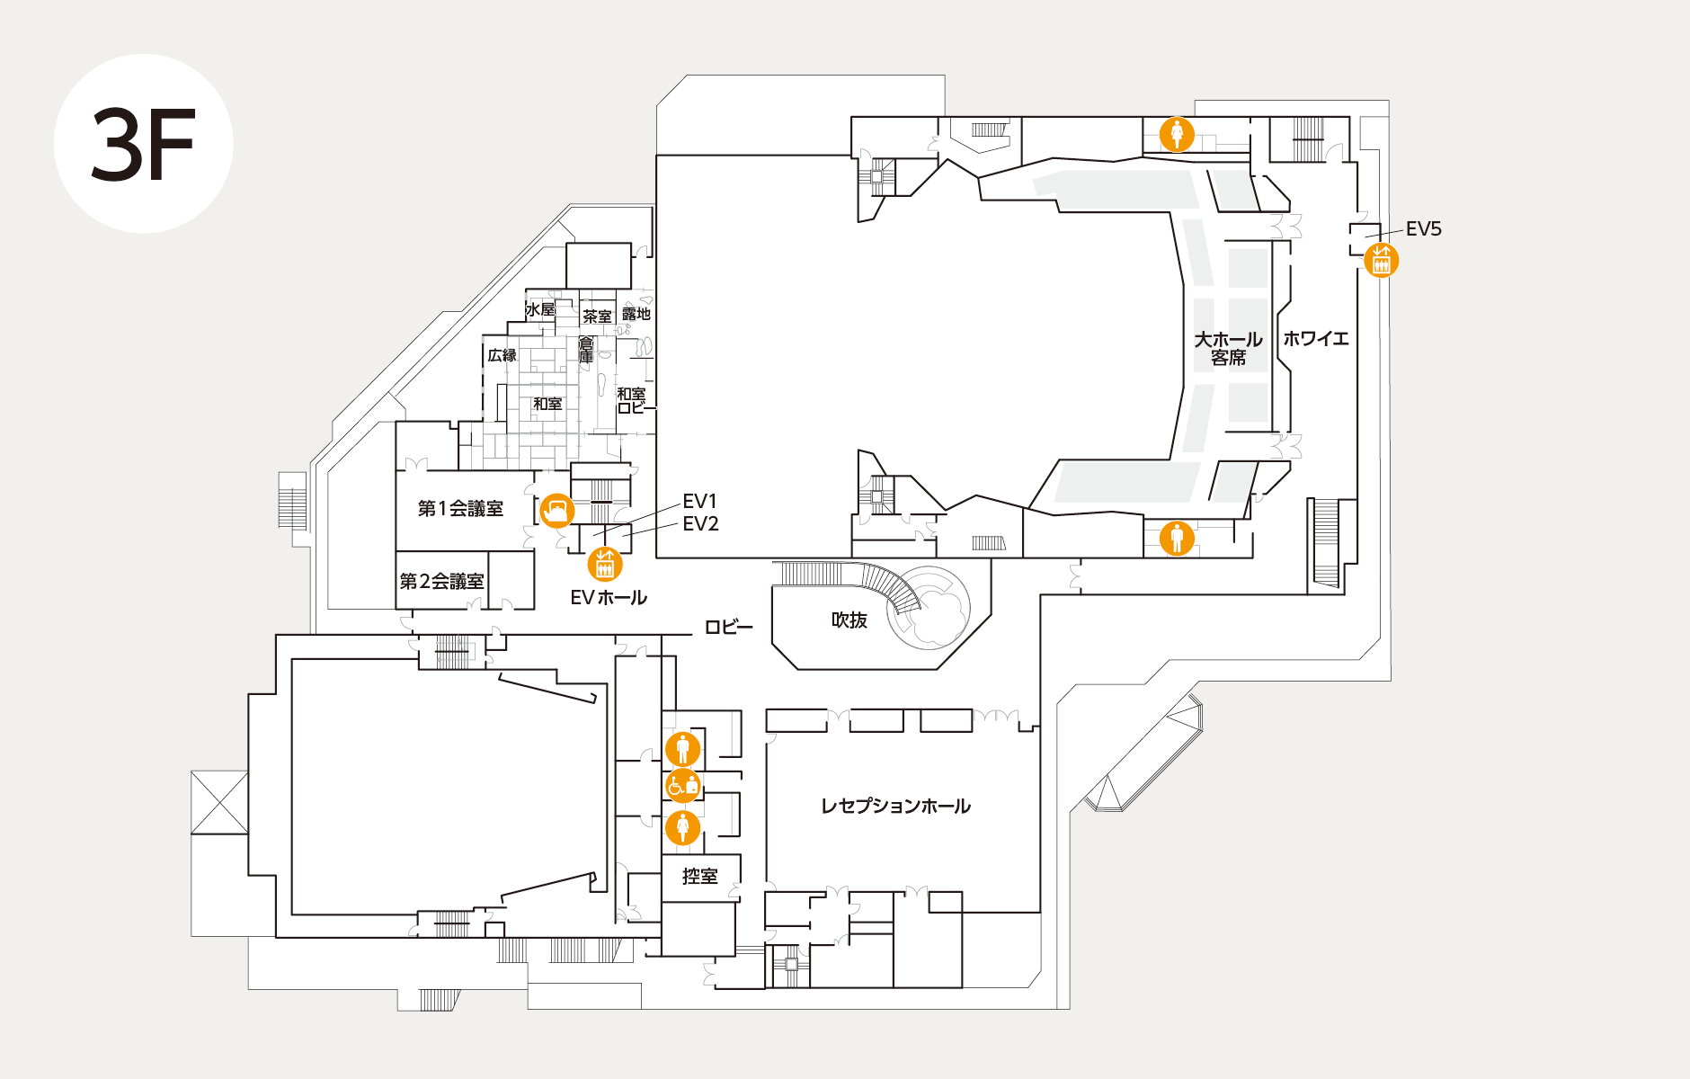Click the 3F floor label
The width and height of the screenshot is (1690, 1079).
(143, 144)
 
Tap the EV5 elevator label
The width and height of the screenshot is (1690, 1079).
(1423, 229)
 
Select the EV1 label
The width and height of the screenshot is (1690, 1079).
(699, 501)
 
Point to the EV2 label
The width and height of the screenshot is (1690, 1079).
(700, 524)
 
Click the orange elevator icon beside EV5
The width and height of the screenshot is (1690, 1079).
(1382, 261)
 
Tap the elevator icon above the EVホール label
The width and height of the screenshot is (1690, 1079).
(605, 565)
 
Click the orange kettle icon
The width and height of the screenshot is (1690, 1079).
(556, 511)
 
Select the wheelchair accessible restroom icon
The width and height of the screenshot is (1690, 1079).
(683, 786)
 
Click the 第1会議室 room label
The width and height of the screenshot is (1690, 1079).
(460, 509)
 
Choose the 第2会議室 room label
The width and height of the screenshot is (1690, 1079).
(441, 582)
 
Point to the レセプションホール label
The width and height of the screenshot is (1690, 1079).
(895, 807)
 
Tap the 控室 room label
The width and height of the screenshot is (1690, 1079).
(699, 876)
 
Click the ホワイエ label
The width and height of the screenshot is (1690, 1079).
(1316, 339)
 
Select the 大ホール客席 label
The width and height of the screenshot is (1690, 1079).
(1228, 349)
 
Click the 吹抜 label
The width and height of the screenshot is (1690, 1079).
(849, 620)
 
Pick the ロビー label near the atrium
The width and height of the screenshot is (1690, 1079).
(728, 628)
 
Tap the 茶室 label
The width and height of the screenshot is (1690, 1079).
(597, 317)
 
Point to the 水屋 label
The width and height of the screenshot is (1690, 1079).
(540, 310)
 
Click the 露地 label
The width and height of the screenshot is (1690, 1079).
(636, 314)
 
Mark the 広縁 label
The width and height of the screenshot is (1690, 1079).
(502, 355)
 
